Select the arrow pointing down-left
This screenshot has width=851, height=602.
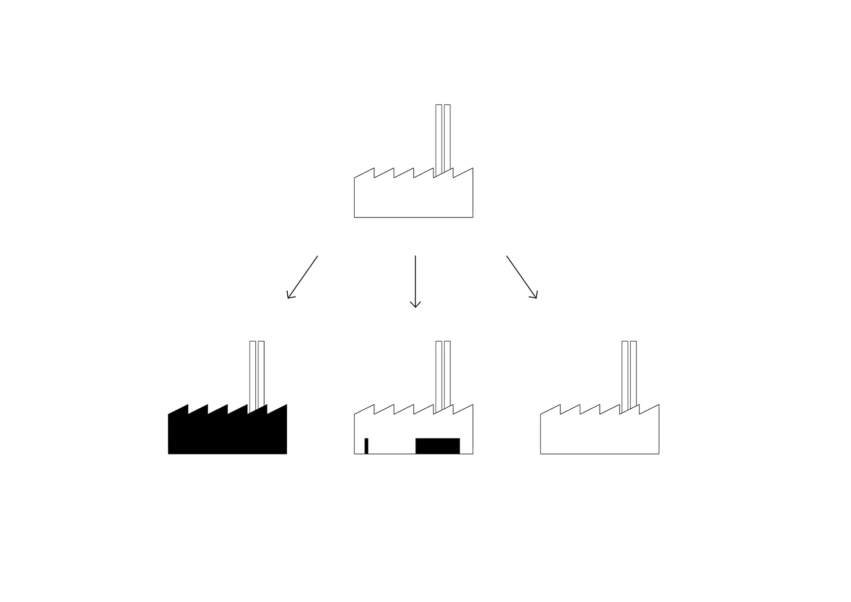303,277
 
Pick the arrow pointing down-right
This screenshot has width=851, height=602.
521,276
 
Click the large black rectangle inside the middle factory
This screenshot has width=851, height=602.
437,446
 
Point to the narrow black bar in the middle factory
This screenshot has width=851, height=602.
366,446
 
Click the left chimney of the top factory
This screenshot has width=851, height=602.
438,138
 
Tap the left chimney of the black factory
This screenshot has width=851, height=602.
253,373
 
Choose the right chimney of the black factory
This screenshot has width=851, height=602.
261,373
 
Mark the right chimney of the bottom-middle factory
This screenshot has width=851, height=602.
447,373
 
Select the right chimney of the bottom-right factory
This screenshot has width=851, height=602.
633,373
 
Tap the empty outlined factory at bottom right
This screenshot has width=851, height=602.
599,434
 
